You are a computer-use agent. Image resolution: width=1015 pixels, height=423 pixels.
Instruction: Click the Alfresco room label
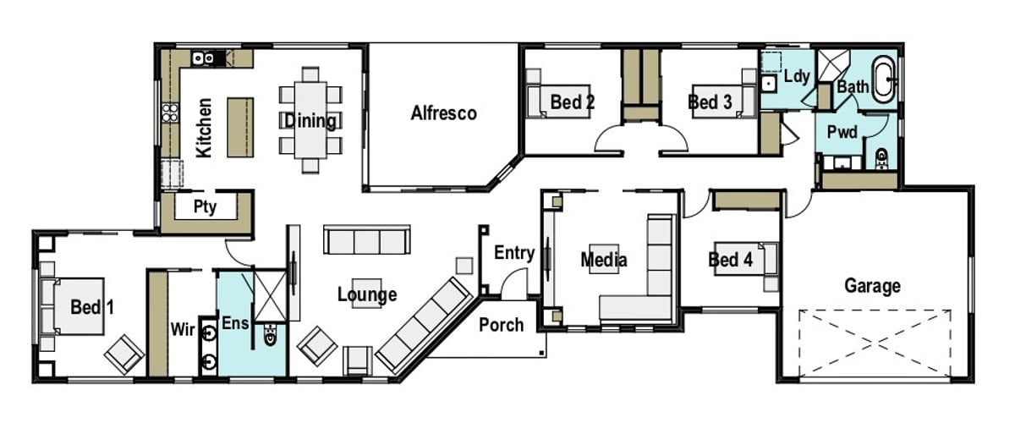click(444, 113)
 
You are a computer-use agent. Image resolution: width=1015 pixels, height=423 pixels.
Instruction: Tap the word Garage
click(872, 286)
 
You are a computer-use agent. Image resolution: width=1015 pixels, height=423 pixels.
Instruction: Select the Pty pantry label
click(206, 206)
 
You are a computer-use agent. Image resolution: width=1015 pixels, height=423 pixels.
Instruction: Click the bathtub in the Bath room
click(885, 79)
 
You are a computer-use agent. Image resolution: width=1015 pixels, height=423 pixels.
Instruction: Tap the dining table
click(311, 119)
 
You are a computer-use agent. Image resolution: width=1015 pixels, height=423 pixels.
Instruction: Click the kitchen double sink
click(204, 58)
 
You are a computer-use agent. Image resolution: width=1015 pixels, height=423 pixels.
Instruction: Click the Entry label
click(514, 252)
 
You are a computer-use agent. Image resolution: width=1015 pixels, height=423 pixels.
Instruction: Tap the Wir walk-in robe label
click(185, 327)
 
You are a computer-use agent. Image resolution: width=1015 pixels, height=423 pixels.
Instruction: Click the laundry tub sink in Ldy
click(769, 83)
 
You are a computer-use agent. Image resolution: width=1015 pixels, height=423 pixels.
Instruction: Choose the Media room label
click(604, 260)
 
